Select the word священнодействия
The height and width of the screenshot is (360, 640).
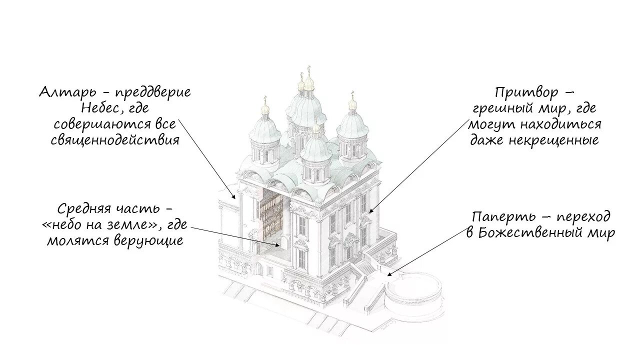pos(115,140)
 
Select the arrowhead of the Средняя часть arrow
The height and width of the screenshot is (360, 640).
pos(280,245)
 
